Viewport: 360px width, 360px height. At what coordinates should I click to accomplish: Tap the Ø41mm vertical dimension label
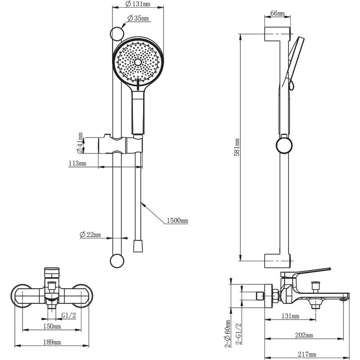80,143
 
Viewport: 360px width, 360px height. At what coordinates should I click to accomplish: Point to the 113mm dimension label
77,163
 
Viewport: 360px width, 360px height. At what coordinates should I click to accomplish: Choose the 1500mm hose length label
177,220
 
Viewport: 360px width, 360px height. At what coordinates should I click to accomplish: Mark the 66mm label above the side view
277,13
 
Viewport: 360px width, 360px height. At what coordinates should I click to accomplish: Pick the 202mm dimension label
305,335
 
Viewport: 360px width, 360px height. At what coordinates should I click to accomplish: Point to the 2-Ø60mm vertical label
228,334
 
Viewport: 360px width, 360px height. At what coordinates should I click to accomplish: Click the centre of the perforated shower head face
137,61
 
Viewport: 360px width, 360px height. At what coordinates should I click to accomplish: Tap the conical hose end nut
139,247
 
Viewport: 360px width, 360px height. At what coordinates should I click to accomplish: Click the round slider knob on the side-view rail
283,145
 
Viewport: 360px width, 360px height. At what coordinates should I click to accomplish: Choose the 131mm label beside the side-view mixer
290,316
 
